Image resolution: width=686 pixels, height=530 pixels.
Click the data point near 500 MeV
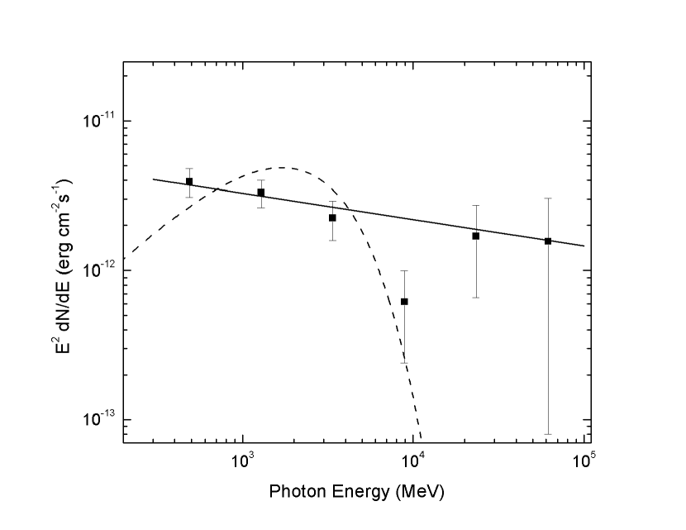[189, 182]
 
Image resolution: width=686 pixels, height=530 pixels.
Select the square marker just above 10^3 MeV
[261, 193]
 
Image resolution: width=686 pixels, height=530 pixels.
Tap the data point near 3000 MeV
[332, 217]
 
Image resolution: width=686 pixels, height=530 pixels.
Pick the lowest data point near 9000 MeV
[404, 302]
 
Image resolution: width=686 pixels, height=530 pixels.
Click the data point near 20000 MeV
[476, 236]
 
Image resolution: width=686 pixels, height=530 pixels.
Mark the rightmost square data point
[548, 241]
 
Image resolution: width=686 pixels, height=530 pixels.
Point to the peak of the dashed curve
[283, 168]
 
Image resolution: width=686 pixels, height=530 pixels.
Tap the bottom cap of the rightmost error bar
[548, 433]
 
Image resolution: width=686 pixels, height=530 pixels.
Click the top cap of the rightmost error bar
[548, 198]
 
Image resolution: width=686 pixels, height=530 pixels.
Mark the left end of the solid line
[154, 179]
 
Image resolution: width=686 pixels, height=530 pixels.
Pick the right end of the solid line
[584, 246]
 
